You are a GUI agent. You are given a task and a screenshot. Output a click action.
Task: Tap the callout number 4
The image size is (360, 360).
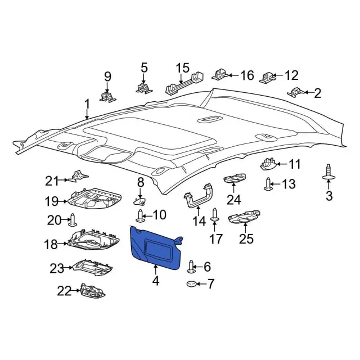156,280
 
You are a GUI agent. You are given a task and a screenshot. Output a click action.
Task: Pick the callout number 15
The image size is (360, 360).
183,67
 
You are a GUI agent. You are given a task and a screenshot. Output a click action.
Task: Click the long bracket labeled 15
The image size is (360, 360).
184,83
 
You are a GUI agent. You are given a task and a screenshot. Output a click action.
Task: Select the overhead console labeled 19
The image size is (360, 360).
94,199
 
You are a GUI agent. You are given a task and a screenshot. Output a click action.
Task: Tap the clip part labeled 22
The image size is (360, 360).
93,291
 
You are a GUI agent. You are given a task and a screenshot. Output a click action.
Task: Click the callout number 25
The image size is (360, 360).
246,238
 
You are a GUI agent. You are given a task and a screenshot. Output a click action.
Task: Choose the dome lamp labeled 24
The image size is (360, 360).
235,178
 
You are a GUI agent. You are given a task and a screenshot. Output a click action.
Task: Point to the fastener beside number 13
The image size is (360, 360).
268,184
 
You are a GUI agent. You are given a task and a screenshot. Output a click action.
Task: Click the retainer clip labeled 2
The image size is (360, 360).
296,92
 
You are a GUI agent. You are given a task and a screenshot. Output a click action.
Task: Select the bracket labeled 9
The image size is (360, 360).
107,96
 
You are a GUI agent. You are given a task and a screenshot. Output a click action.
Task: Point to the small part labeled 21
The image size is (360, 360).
79,176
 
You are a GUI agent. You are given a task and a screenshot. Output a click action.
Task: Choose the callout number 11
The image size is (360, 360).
295,164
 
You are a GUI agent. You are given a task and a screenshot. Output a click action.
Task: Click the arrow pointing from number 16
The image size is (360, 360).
233,75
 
